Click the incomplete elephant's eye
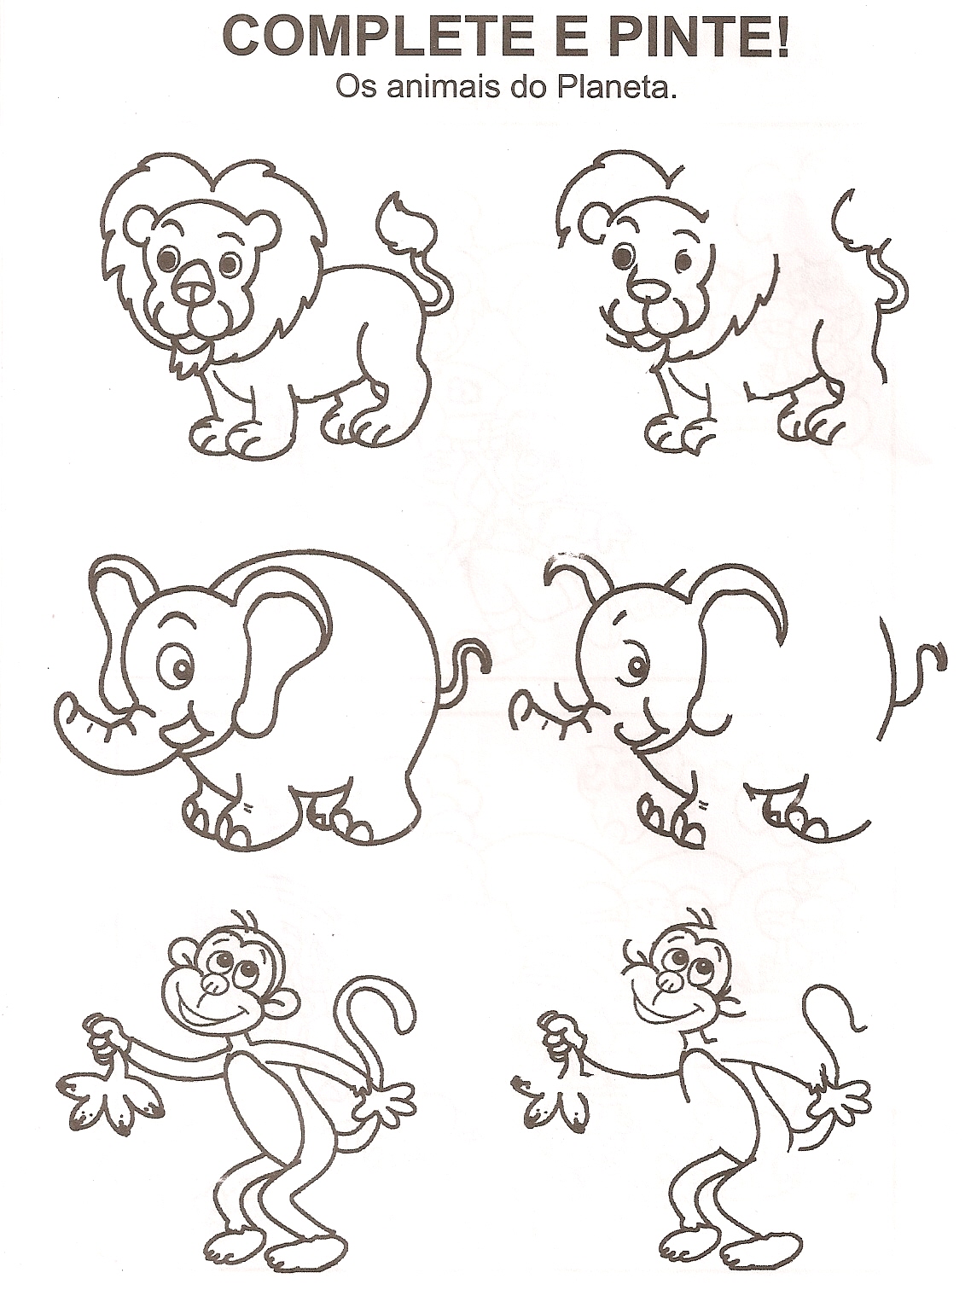pyautogui.click(x=634, y=665)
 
